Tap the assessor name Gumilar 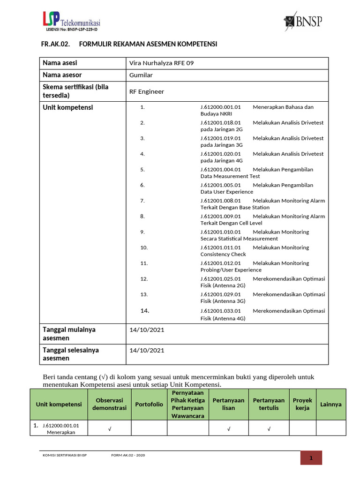point(141,75)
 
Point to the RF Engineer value point(147,91)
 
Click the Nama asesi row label point(60,63)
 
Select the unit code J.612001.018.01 point(220,123)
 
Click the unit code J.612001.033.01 point(220,311)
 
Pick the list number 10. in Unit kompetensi point(144,247)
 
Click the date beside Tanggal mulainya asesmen point(147,330)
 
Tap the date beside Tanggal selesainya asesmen point(147,350)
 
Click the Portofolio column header point(149,404)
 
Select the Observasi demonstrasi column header point(109,404)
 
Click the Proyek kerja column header point(302,404)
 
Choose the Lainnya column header point(331,404)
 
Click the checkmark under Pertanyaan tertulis point(269,428)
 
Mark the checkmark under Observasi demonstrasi point(109,428)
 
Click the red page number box point(311,458)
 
